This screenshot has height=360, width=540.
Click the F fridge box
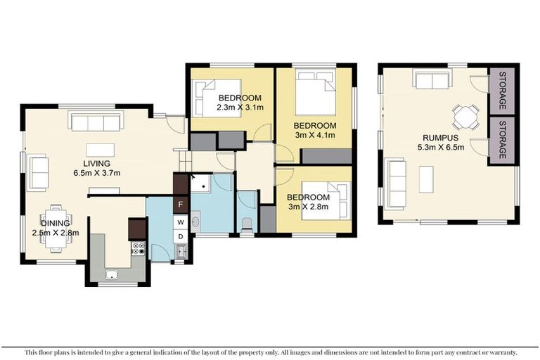pos(181,205)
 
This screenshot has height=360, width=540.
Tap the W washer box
pos(181,221)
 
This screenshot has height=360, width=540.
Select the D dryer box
pos(181,236)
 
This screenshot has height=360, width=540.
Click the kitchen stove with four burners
pos(138,248)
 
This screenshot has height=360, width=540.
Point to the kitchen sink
pos(110,275)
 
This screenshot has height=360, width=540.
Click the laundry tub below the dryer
pos(181,251)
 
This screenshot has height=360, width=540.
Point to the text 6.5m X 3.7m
pos(98,172)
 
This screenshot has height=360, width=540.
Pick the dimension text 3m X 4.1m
pos(314,135)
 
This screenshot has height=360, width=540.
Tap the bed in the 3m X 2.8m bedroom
pos(326,202)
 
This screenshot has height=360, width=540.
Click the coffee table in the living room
pos(99,149)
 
